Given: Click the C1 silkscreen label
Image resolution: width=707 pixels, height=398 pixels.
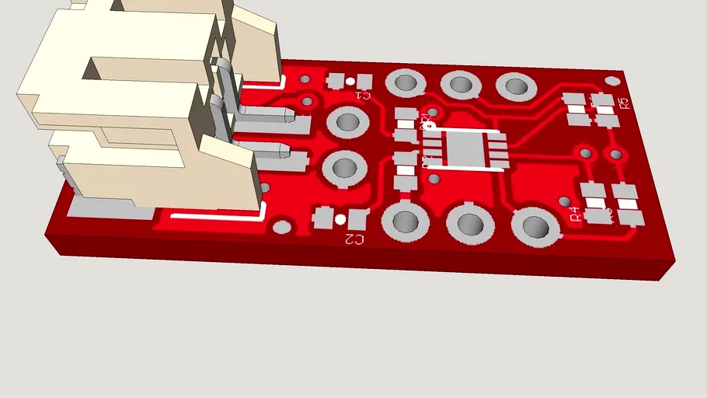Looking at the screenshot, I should [x=361, y=96].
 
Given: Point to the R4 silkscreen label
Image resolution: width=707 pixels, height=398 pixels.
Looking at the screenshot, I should [x=574, y=215].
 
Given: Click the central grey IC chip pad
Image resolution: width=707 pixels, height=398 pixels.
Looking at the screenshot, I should [x=464, y=149].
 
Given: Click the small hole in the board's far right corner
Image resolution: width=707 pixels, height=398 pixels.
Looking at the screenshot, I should [x=612, y=80].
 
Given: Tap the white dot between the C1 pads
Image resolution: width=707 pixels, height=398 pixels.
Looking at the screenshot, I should [x=350, y=81].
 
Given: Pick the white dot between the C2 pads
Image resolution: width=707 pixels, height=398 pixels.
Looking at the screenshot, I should [x=340, y=219].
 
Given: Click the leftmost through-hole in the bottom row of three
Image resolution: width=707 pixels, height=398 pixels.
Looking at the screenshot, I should [x=405, y=222].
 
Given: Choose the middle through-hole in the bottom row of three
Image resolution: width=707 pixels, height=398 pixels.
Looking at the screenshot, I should [x=470, y=224].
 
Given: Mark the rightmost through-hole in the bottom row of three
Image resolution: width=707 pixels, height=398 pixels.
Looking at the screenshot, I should [x=536, y=227].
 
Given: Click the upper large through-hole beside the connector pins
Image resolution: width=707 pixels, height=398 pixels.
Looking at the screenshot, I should [x=347, y=122].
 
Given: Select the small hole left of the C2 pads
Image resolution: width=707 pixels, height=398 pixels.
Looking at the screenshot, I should [x=283, y=227].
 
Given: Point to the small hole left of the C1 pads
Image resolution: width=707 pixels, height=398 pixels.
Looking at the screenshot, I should [x=305, y=79].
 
